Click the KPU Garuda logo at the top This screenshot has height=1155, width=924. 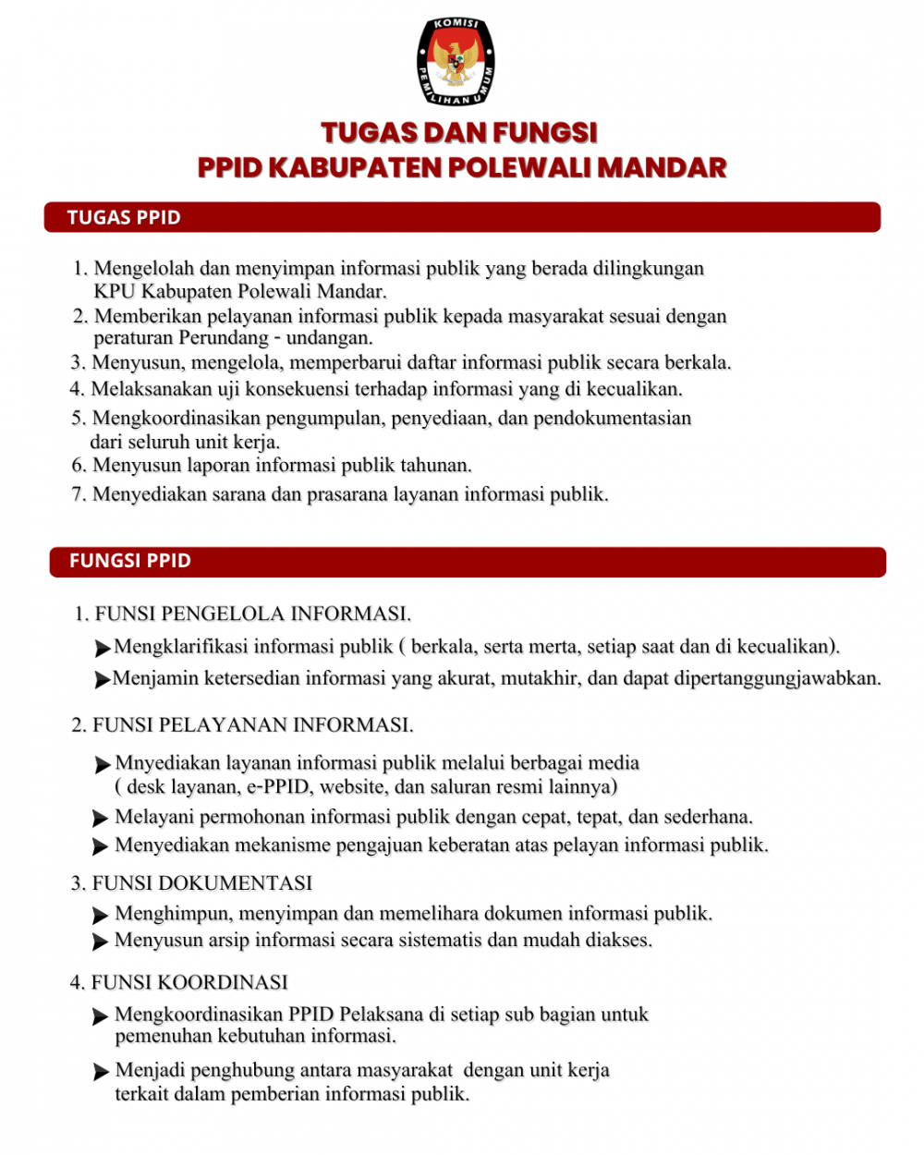click(456, 61)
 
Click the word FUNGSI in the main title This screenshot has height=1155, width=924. click(544, 133)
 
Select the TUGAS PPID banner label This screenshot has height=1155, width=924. click(124, 218)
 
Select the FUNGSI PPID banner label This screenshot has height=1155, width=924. click(130, 561)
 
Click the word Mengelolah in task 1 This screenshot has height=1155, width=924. click(144, 269)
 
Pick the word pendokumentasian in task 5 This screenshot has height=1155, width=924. click(612, 419)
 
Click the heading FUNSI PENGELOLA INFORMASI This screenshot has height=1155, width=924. click(253, 614)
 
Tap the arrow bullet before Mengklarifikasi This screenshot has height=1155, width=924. click(103, 649)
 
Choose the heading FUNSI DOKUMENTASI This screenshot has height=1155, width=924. click(202, 883)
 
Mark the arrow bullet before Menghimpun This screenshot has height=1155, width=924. click(101, 916)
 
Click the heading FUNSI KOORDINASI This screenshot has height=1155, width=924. click(190, 982)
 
